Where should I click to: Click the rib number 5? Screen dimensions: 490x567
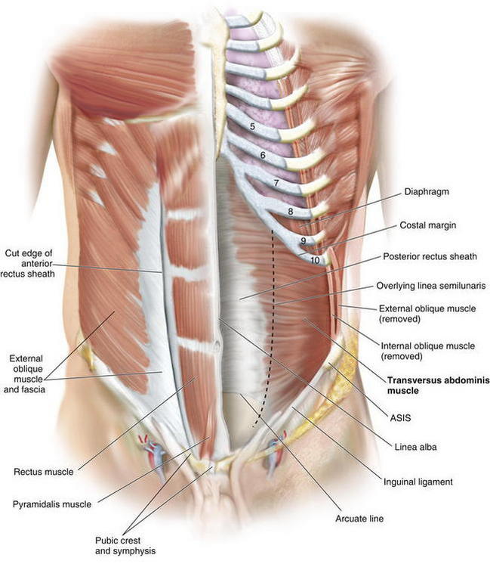[252, 126]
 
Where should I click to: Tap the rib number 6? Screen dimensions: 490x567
[263, 155]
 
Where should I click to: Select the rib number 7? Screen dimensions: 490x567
[276, 183]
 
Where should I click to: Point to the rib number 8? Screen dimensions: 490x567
[291, 211]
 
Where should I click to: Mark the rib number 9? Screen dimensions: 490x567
[304, 240]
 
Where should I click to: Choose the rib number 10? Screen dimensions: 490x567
[315, 259]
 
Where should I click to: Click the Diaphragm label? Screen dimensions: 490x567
[427, 192]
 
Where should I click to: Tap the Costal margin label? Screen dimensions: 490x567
[427, 225]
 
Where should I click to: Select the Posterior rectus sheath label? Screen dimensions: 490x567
[430, 256]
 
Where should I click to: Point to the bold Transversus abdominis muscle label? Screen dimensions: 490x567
[439, 386]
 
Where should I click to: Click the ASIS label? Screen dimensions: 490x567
[400, 418]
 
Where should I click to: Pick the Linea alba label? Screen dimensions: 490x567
[415, 447]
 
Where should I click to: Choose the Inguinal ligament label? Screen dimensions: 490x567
[418, 482]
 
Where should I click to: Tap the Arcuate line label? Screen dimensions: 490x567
[359, 519]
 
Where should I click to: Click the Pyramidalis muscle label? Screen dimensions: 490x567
[52, 504]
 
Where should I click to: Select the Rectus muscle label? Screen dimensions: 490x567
[43, 472]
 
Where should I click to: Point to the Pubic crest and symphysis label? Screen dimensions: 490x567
[125, 546]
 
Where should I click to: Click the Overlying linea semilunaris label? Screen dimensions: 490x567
[431, 286]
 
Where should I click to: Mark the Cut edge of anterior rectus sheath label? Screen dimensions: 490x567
[28, 264]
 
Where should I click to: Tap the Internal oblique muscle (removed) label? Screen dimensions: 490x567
[428, 351]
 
